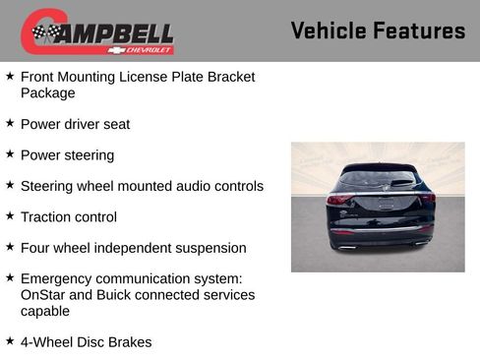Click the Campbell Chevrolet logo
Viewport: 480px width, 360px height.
(97, 31)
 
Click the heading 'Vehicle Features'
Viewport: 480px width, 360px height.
(378, 31)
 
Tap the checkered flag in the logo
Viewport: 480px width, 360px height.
(44, 33)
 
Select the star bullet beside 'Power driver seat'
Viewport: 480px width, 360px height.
(10, 124)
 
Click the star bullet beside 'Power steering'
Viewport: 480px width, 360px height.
(10, 154)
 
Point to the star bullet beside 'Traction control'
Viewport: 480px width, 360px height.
(10, 216)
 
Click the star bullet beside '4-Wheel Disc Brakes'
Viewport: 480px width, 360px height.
(10, 341)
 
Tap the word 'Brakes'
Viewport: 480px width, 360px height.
(129, 342)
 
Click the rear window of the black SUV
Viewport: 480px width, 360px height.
(378, 179)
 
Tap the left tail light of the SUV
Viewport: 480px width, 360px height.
(337, 199)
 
